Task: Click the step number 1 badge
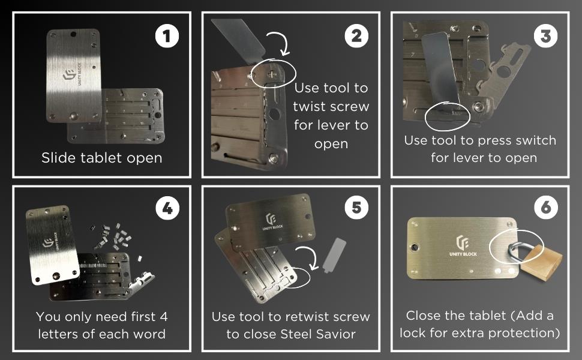[167, 36]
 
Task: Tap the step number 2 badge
[356, 36]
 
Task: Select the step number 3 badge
[545, 36]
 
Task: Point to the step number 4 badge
[167, 208]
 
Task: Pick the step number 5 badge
[356, 208]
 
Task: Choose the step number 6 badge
[546, 207]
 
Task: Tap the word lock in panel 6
[413, 332]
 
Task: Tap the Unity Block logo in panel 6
[463, 245]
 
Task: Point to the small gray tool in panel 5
[334, 256]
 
